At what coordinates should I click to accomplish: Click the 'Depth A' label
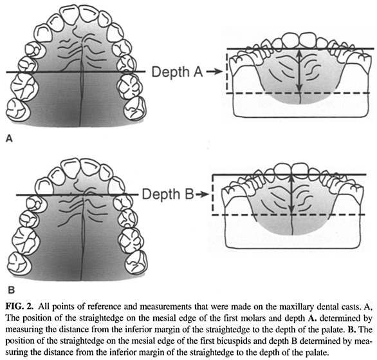coord(178,71)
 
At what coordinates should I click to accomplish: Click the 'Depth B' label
coord(168,194)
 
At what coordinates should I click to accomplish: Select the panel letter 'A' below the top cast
coord(9,138)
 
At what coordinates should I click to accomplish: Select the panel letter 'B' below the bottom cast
coord(11,290)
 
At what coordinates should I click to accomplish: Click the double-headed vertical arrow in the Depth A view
coord(299,71)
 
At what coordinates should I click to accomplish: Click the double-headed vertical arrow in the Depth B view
coord(291,194)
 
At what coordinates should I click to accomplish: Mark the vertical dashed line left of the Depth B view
coord(212,194)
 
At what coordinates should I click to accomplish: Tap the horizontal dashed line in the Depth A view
coord(298,93)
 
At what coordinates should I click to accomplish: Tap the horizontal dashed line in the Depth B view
coord(289,214)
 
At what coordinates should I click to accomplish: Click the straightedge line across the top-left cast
coord(76,71)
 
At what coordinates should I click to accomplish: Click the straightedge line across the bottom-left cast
coord(77,194)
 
